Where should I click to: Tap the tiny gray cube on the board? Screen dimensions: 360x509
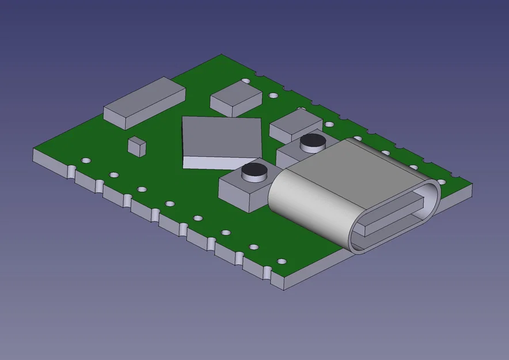coord(137,146)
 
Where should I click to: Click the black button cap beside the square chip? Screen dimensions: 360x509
coord(253,170)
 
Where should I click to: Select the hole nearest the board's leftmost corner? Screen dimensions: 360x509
coord(86,160)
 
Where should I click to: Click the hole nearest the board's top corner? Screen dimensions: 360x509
coord(246,81)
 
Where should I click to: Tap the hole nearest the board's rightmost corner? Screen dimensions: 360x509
coord(442,182)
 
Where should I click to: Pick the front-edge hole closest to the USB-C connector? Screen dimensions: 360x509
coord(282,261)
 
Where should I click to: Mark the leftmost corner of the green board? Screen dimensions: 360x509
coord(34,149)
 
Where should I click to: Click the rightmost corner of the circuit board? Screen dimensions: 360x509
coord(473,183)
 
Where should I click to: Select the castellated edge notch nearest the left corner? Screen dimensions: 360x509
coord(72,171)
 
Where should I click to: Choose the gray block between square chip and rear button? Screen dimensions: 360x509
coord(295,123)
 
